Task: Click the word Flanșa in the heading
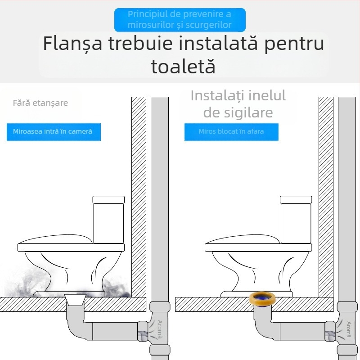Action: [x=72, y=44]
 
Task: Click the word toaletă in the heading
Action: [x=183, y=67]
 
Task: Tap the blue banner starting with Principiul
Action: [x=180, y=20]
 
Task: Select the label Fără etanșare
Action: [x=40, y=103]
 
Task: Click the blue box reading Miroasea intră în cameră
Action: [x=54, y=131]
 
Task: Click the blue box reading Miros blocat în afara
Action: [x=231, y=131]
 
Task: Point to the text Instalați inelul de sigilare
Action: [x=238, y=104]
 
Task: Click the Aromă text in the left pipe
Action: [x=160, y=329]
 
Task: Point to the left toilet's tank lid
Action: [x=108, y=199]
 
